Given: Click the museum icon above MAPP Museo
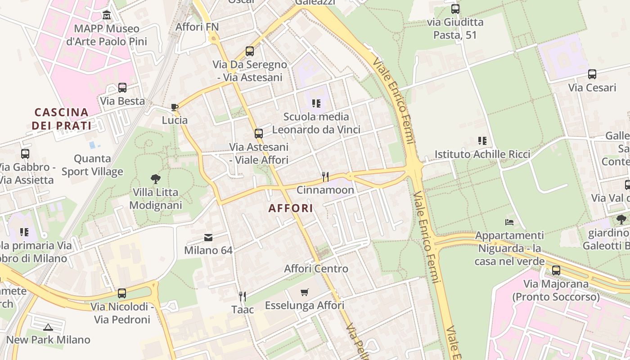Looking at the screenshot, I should pos(107,15).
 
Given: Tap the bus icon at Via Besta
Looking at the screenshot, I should pos(122,88).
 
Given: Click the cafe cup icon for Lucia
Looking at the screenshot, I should pos(175,107).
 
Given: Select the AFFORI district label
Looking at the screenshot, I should pos(291,208).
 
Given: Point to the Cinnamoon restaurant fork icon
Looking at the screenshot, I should pos(325,176).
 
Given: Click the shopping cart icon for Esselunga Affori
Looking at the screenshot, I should pos(305,292).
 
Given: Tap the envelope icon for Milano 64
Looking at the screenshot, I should pos(208,237).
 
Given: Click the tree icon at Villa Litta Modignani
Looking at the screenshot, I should pos(155,179).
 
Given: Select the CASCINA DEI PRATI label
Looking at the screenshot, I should pos(62,119).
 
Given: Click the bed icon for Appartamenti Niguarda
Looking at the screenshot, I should pos(509,222).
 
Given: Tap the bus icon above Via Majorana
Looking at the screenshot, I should pos(556,270).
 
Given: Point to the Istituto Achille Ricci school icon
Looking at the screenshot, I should pos(482,141).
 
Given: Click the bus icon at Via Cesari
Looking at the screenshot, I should pos(592,74).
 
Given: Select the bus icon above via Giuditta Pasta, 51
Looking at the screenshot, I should pos(455,9).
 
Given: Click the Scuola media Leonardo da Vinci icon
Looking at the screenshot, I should pos(316,103).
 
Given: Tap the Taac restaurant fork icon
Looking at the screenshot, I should pos(243,296).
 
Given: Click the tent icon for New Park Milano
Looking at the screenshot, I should pos(48,327).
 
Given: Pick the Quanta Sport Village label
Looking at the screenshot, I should pos(92,165).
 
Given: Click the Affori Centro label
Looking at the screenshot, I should pos(316,269).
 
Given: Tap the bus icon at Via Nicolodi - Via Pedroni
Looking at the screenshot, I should pos(122,293).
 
